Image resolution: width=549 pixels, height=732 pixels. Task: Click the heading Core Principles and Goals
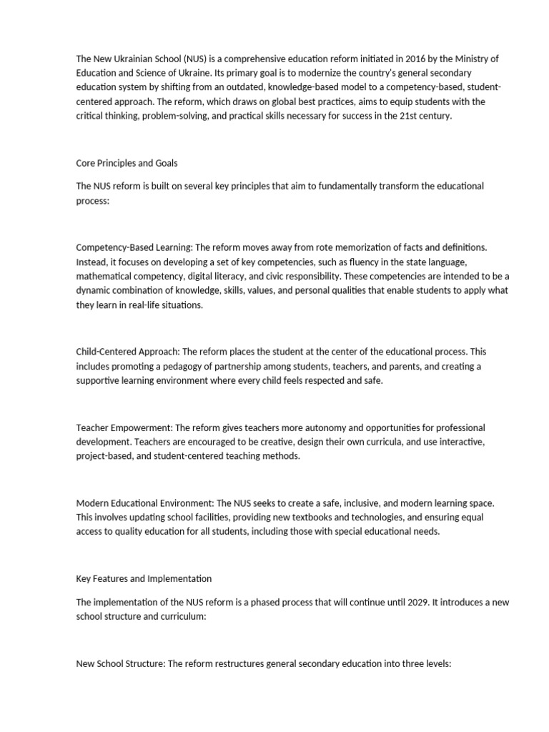127,163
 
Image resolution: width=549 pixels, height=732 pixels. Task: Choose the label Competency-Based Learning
134,247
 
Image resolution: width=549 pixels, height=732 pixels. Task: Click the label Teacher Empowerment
124,427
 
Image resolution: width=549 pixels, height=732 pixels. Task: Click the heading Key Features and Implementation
144,578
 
